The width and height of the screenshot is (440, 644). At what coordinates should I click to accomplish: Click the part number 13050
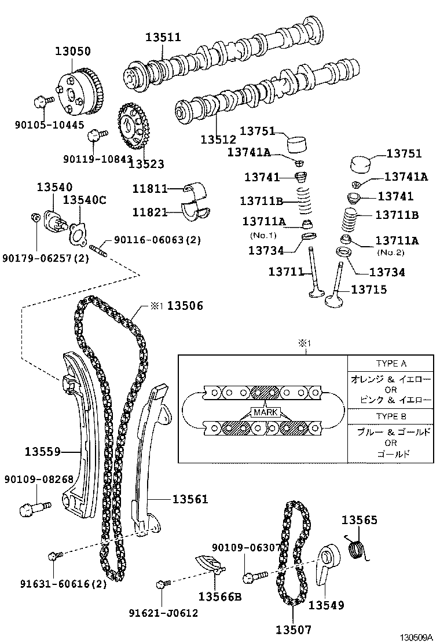[72, 52]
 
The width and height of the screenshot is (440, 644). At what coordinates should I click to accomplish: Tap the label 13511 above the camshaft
[163, 38]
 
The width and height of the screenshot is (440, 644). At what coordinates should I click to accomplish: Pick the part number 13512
[218, 140]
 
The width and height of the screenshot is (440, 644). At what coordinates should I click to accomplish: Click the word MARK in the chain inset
[265, 412]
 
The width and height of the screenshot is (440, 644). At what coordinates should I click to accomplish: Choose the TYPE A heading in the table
[391, 364]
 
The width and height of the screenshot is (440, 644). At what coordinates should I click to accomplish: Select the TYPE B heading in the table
[391, 416]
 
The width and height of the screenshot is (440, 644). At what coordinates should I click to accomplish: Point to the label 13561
[189, 499]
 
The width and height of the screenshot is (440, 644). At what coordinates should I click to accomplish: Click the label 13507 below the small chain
[293, 630]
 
